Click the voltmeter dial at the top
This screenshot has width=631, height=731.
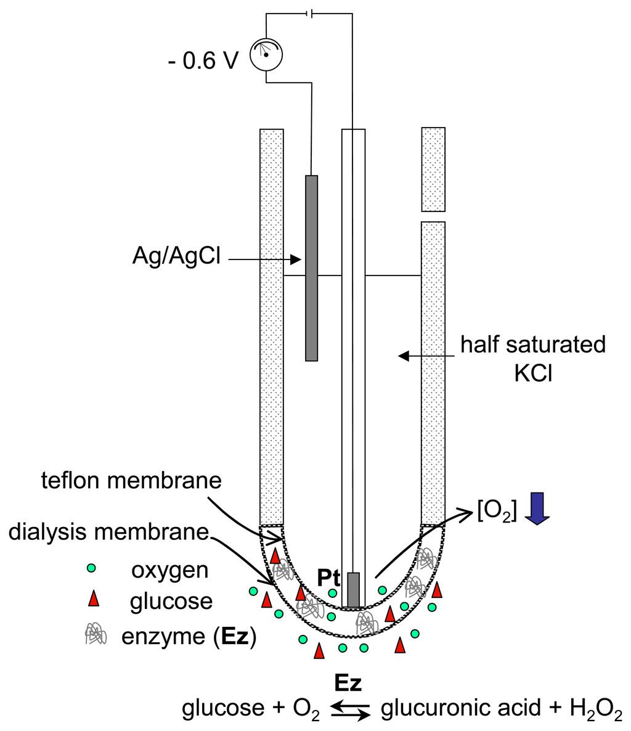pyautogui.click(x=266, y=55)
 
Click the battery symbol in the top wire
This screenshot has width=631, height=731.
pyautogui.click(x=310, y=13)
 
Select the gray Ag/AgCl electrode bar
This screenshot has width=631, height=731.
pyautogui.click(x=312, y=267)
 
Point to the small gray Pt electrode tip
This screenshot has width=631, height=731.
pyautogui.click(x=353, y=589)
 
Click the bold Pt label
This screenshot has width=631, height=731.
pyautogui.click(x=328, y=578)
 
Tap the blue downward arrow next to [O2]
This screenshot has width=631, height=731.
pyautogui.click(x=535, y=508)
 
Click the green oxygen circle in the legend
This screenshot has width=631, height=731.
pyautogui.click(x=91, y=568)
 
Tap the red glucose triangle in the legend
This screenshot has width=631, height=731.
pyautogui.click(x=94, y=598)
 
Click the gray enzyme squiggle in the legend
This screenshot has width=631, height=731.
pyautogui.click(x=94, y=633)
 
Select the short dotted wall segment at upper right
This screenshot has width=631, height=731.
pyautogui.click(x=433, y=168)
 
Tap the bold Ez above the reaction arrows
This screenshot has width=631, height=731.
pyautogui.click(x=349, y=683)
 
